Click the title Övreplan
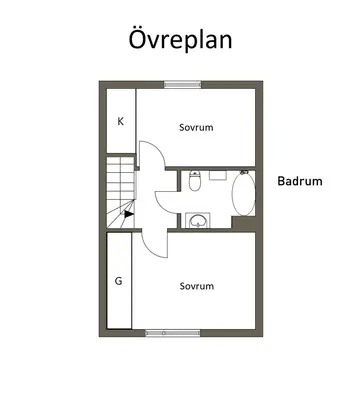[180, 39]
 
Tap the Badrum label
[300, 181]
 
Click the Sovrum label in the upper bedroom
[196, 127]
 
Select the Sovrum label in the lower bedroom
[197, 286]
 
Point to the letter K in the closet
[120, 121]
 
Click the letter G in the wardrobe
[118, 281]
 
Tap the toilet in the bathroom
[194, 180]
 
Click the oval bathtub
[244, 194]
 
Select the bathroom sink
[198, 220]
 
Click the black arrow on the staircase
[129, 214]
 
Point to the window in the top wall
[183, 85]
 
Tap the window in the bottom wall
[173, 333]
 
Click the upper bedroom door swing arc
[159, 149]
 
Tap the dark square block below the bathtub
[243, 222]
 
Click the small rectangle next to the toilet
[218, 175]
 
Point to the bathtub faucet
[244, 172]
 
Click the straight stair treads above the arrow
[120, 178]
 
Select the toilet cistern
[194, 173]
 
